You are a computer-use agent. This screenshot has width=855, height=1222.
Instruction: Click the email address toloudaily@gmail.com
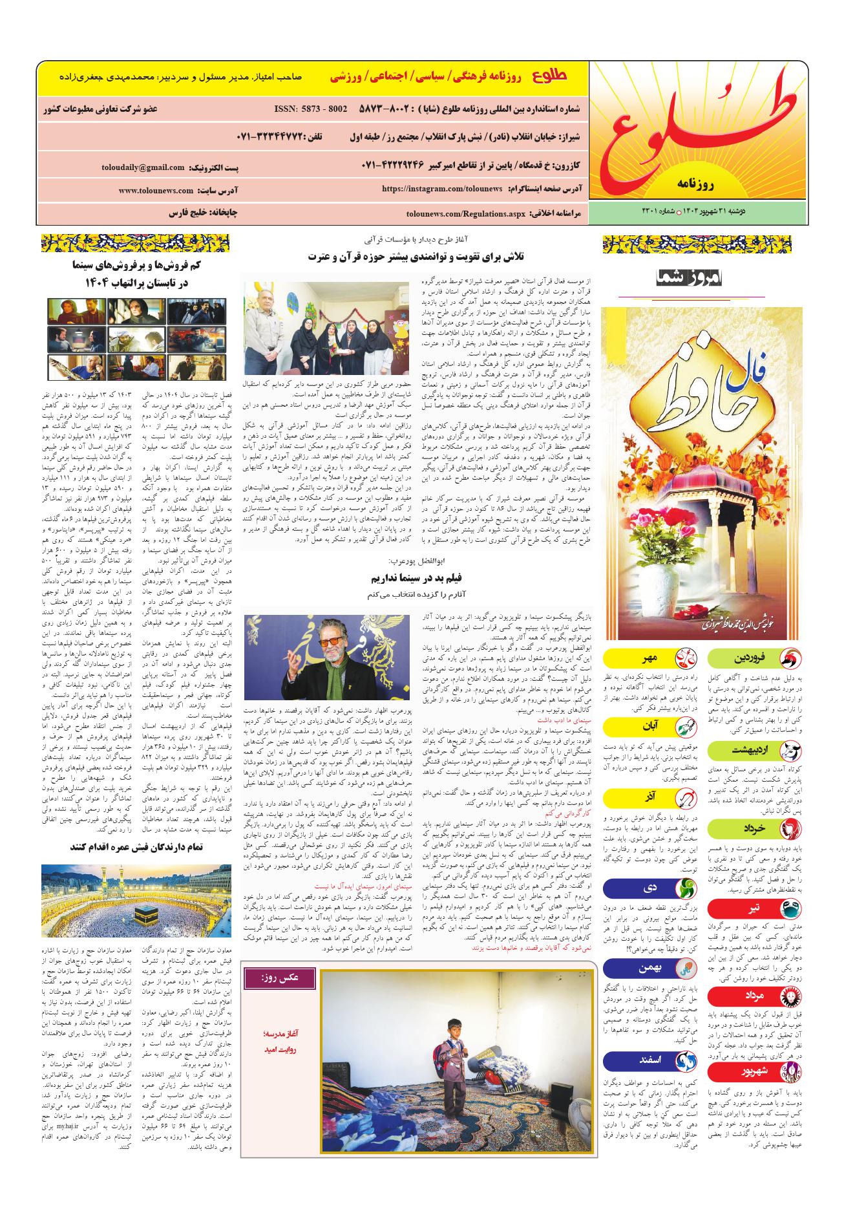tap(143, 167)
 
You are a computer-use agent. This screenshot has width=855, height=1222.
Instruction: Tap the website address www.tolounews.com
tap(156, 191)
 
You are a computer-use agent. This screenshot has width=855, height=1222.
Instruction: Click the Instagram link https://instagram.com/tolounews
tap(442, 188)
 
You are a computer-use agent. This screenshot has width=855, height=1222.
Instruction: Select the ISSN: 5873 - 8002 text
tap(311, 109)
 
